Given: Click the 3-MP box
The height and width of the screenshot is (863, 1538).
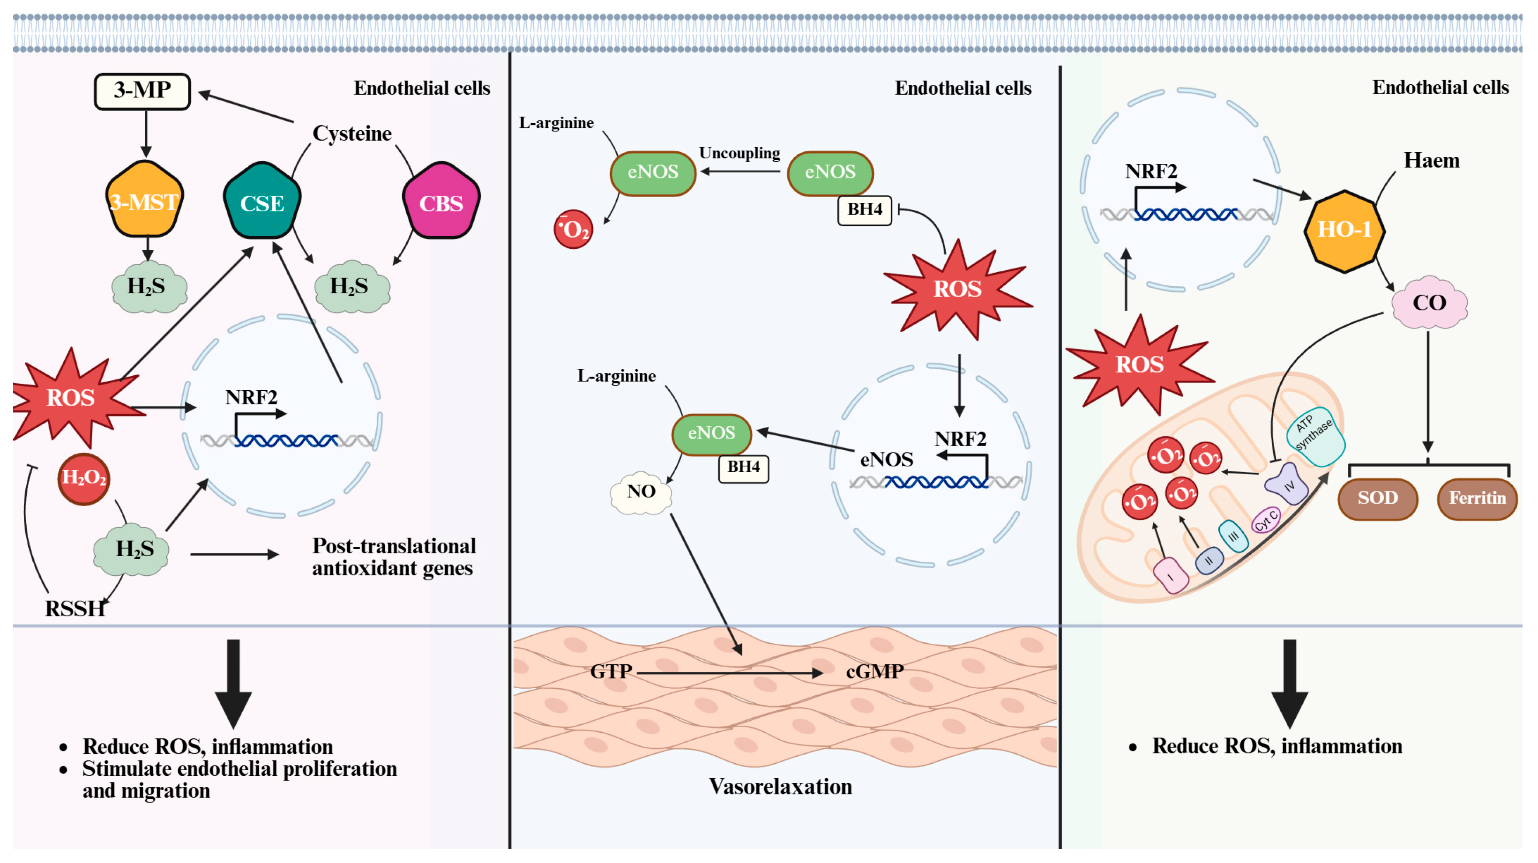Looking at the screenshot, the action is tap(142, 91).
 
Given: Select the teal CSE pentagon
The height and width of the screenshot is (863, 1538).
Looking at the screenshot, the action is tap(262, 201).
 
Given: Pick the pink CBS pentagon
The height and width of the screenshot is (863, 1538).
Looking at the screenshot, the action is tap(441, 201).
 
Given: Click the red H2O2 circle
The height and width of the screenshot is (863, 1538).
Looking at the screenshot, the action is tap(83, 479).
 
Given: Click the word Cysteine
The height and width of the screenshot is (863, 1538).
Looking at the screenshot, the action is tap(352, 134).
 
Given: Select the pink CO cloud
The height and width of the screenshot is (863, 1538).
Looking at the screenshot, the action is tap(1429, 303).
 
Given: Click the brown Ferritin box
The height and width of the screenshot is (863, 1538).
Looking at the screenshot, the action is tap(1477, 498).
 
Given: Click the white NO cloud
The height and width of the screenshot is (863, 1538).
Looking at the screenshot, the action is tap(641, 493).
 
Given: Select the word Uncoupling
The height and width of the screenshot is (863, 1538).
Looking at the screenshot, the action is tap(739, 153).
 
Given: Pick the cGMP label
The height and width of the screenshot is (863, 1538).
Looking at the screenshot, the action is tap(875, 672).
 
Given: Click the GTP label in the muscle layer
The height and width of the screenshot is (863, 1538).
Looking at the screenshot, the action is tap(611, 672).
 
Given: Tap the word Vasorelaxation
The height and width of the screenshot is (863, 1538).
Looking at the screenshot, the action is tap(780, 787).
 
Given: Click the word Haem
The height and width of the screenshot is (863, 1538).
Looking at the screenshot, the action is tap(1431, 161).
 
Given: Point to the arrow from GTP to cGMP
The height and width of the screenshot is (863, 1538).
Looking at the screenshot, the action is tap(730, 673).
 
